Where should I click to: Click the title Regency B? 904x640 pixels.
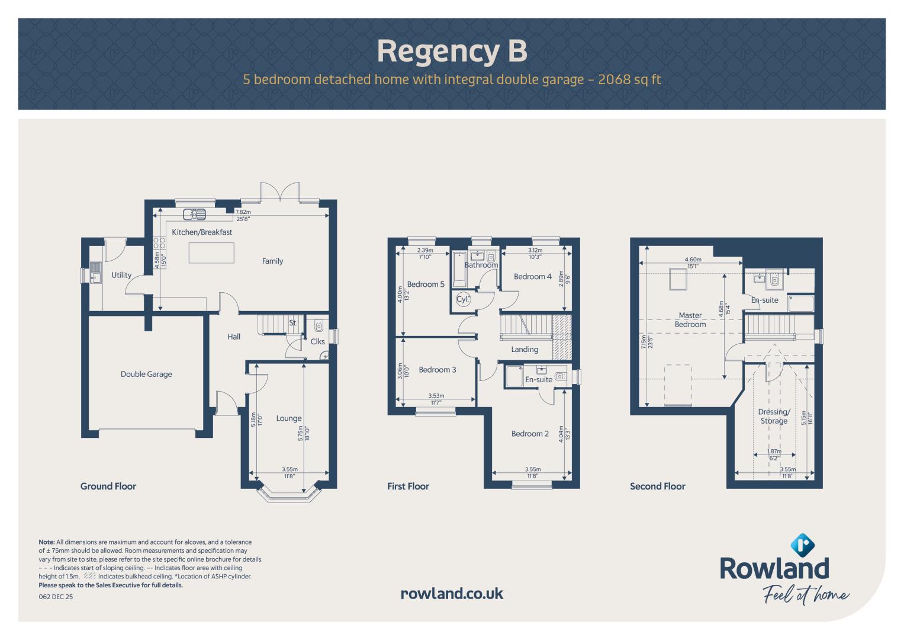(452, 52)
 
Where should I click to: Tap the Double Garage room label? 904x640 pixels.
(146, 374)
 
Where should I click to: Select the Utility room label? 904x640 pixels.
(121, 275)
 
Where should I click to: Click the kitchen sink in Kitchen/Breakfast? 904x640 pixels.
(195, 214)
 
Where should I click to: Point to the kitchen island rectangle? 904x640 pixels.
(211, 252)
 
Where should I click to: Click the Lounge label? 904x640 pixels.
(288, 418)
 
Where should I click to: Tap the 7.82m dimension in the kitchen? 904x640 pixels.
(243, 212)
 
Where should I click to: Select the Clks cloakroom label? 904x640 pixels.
(317, 341)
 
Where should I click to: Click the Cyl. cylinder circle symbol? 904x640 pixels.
(463, 299)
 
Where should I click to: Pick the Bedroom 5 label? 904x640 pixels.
(426, 284)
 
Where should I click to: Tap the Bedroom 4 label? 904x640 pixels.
(533, 276)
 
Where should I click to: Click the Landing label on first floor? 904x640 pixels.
(525, 350)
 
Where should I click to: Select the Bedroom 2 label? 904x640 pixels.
(530, 434)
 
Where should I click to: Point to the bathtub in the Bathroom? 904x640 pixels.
(459, 269)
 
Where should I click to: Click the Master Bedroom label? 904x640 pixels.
(690, 319)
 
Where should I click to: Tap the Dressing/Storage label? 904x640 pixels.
(774, 416)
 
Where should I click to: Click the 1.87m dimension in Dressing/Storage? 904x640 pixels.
(774, 452)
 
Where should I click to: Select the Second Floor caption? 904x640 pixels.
(657, 486)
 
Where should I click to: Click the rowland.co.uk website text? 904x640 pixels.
(452, 594)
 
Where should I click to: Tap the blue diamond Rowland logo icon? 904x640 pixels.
(802, 545)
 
